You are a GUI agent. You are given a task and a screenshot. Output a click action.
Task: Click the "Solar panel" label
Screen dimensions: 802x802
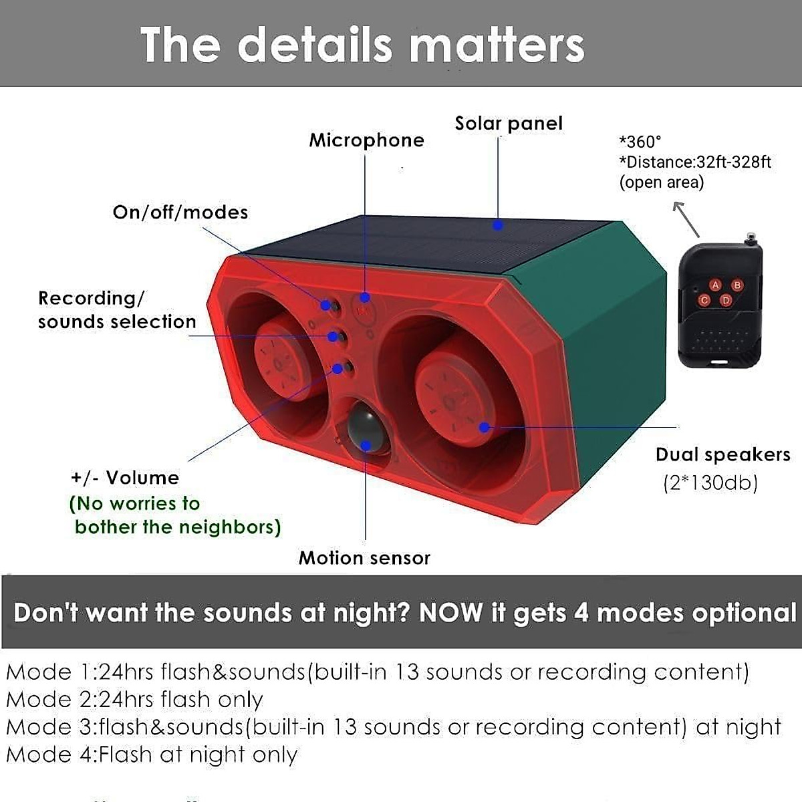509,124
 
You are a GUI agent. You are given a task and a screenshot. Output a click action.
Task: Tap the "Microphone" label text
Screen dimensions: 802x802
366,140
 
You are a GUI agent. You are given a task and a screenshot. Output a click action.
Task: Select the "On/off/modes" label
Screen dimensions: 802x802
180,213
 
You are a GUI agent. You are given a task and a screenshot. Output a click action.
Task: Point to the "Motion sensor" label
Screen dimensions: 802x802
364,558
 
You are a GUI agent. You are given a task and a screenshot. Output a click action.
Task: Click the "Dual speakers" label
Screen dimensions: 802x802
722,455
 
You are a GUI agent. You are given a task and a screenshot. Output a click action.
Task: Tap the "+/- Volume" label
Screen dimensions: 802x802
125,478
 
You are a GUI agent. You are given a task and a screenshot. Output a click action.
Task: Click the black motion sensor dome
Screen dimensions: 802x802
364,428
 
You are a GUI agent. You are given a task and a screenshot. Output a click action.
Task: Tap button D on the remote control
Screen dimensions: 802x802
726,301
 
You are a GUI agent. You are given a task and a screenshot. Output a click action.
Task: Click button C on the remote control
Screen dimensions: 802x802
704,300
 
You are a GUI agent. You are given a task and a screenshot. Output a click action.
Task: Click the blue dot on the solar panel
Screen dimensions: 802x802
498,225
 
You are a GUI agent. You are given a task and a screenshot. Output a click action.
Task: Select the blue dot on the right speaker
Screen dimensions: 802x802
485,426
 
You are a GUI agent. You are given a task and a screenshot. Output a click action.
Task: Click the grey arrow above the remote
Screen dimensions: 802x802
686,219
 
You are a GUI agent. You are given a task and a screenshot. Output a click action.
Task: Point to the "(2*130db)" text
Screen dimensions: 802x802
710,483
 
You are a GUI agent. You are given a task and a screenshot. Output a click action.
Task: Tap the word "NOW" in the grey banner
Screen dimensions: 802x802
450,613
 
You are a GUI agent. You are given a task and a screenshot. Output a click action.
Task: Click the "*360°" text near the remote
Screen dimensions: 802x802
640,142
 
